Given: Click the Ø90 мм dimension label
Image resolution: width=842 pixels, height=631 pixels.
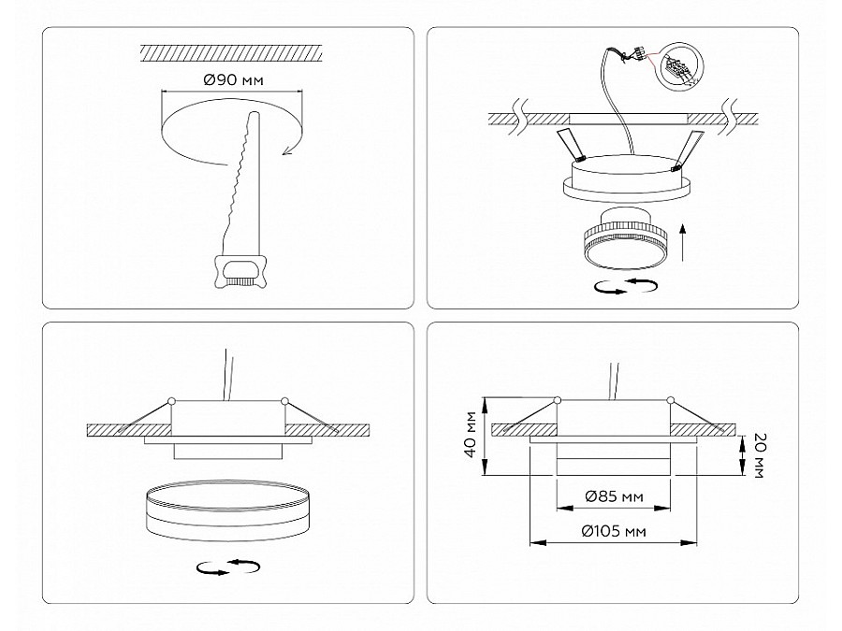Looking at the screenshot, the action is [234, 80].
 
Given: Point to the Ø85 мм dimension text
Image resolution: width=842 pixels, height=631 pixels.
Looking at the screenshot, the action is [614, 496].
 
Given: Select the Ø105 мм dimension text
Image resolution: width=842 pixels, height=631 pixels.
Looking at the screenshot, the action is [614, 531].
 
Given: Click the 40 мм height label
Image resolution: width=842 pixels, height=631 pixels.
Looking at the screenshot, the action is [471, 434].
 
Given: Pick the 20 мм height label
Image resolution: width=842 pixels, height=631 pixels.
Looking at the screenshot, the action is [758, 455].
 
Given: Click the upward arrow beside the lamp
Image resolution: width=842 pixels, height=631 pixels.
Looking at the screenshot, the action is [683, 242].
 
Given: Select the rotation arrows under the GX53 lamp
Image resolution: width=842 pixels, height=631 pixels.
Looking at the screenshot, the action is [626, 286].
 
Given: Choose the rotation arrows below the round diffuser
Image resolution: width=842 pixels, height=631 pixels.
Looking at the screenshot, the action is [228, 567].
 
